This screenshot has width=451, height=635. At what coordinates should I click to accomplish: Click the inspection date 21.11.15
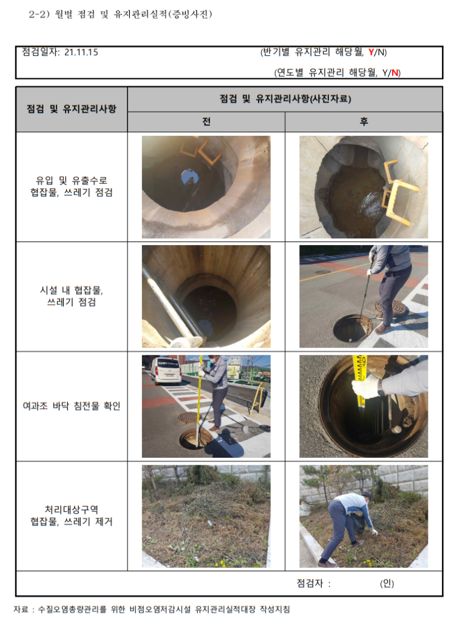click(x=81, y=52)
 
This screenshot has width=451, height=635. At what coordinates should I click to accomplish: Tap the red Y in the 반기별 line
click(x=371, y=52)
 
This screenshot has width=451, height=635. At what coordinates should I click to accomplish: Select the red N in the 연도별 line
click(x=395, y=73)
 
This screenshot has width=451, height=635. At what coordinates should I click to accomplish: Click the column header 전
click(x=206, y=121)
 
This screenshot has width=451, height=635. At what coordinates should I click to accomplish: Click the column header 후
click(x=364, y=121)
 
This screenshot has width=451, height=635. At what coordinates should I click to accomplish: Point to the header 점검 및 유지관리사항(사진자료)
click(x=285, y=99)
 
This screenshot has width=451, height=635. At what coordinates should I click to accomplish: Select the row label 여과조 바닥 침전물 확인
click(x=71, y=406)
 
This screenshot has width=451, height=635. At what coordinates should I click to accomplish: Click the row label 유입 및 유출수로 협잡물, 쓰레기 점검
click(x=71, y=186)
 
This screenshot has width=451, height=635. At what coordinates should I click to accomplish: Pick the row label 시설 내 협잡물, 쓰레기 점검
click(x=71, y=296)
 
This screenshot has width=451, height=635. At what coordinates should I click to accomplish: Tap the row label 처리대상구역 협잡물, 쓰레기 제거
click(x=71, y=516)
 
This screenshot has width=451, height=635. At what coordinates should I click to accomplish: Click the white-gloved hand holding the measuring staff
click(x=365, y=386)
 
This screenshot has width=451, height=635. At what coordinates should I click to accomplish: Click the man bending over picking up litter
click(x=347, y=526)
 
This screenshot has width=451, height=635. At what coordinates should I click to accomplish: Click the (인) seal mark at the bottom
click(x=387, y=583)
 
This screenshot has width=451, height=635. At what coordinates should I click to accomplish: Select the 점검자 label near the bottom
click(x=310, y=583)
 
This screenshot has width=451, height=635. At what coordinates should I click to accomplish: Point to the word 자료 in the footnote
click(x=21, y=610)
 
